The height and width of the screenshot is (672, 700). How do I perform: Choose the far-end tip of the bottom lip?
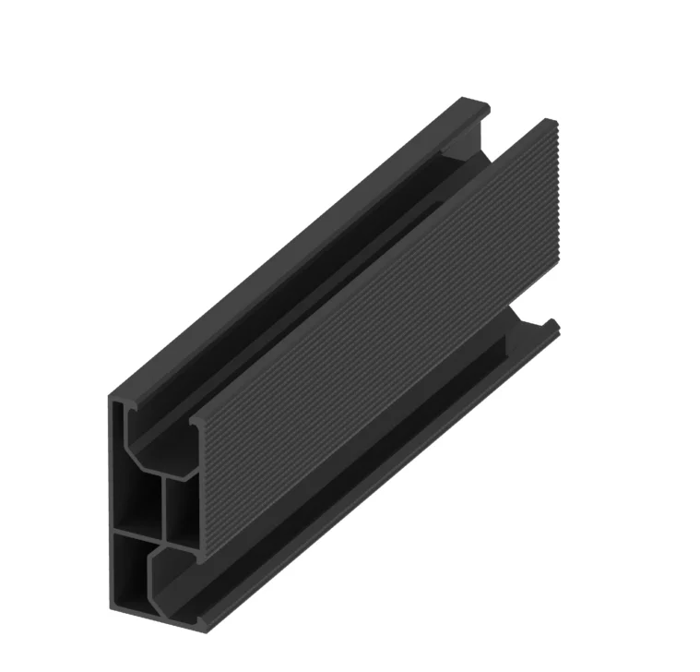point(556,325)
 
